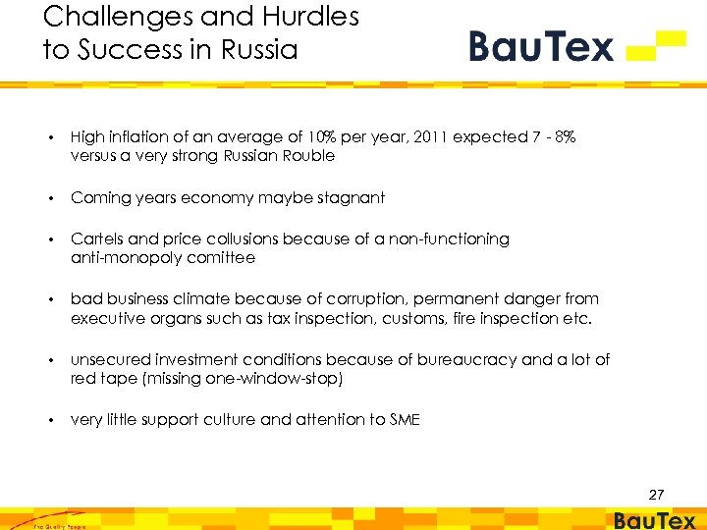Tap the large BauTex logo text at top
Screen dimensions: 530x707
[541, 45]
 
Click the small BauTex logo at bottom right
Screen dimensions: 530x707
[655, 520]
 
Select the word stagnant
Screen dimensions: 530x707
[350, 198]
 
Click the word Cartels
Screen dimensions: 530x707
[97, 239]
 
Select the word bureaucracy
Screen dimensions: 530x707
[469, 360]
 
